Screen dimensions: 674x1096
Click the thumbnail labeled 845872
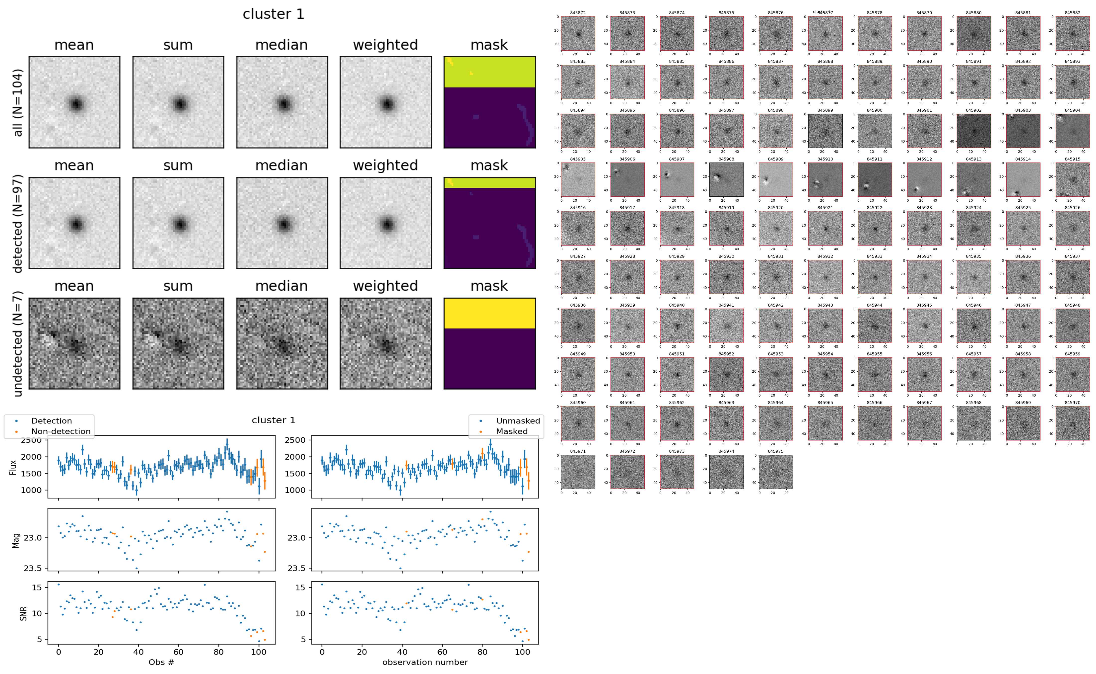tap(578, 33)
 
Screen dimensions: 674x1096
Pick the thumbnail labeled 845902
tap(973, 131)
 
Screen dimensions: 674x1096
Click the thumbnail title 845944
tap(874, 305)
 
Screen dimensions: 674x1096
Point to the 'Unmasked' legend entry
tap(518, 421)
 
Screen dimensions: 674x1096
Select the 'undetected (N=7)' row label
tap(18, 344)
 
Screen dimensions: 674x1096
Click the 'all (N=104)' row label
tap(18, 102)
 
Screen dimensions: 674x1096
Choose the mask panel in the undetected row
tap(489, 344)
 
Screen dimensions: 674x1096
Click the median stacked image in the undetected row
tap(282, 344)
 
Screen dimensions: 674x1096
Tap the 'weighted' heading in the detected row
tap(385, 165)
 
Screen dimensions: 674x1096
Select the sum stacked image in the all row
tap(178, 102)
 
